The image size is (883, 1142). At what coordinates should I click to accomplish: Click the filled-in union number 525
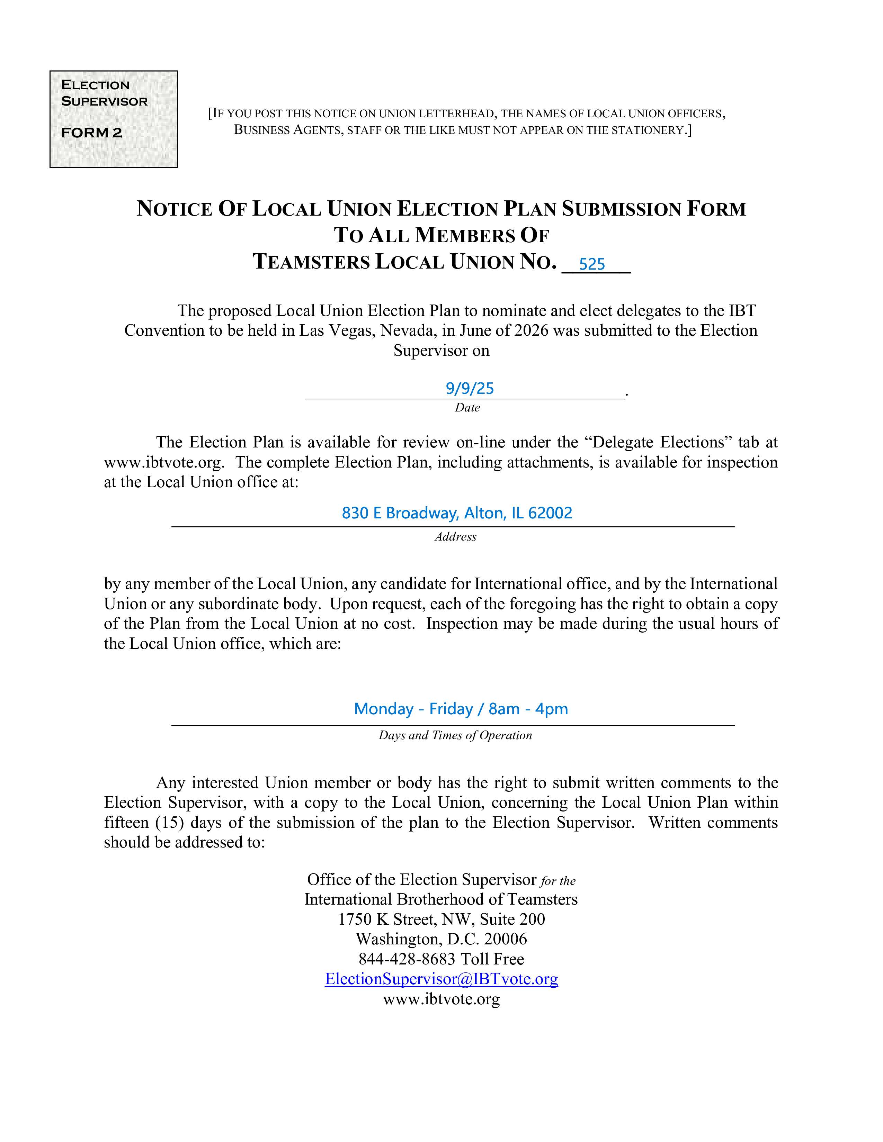coord(592,264)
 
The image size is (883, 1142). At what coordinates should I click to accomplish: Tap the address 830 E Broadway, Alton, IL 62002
coord(457,513)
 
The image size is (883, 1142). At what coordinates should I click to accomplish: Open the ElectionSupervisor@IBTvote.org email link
coord(441,979)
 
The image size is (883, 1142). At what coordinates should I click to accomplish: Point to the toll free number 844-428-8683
coord(407,959)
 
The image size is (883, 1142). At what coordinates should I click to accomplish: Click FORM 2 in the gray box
coord(91,133)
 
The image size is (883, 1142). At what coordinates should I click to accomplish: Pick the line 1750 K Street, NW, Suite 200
coord(441,919)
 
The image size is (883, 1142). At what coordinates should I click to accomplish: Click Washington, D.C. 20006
coord(441,939)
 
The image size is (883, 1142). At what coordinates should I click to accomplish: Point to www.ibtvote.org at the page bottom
coord(441,999)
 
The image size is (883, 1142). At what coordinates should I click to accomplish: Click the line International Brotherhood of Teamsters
coord(441,899)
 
